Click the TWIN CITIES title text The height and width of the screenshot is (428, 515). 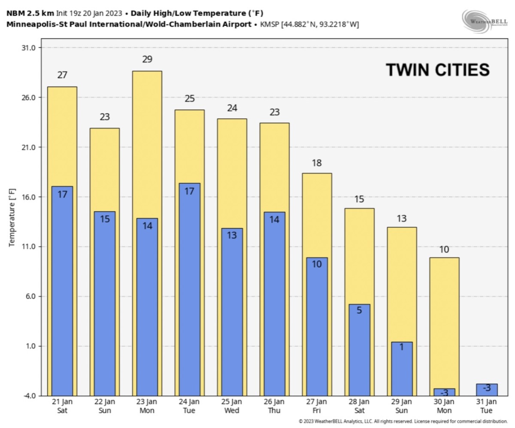click(x=437, y=70)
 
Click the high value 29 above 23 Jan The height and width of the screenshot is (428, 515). click(x=147, y=60)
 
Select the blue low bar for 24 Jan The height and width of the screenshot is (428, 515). click(x=189, y=288)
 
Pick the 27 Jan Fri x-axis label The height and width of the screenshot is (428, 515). click(x=317, y=406)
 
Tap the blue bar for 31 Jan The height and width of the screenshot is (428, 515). click(x=487, y=390)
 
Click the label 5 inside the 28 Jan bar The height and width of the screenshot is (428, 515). click(x=359, y=310)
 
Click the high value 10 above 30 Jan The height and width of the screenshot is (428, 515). click(x=444, y=250)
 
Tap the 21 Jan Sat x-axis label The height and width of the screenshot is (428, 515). click(x=62, y=406)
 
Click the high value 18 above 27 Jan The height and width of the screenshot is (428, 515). click(x=317, y=163)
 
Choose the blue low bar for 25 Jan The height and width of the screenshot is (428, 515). click(x=232, y=311)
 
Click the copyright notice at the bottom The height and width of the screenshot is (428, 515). click(x=403, y=422)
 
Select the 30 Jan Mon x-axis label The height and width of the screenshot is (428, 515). click(x=444, y=406)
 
